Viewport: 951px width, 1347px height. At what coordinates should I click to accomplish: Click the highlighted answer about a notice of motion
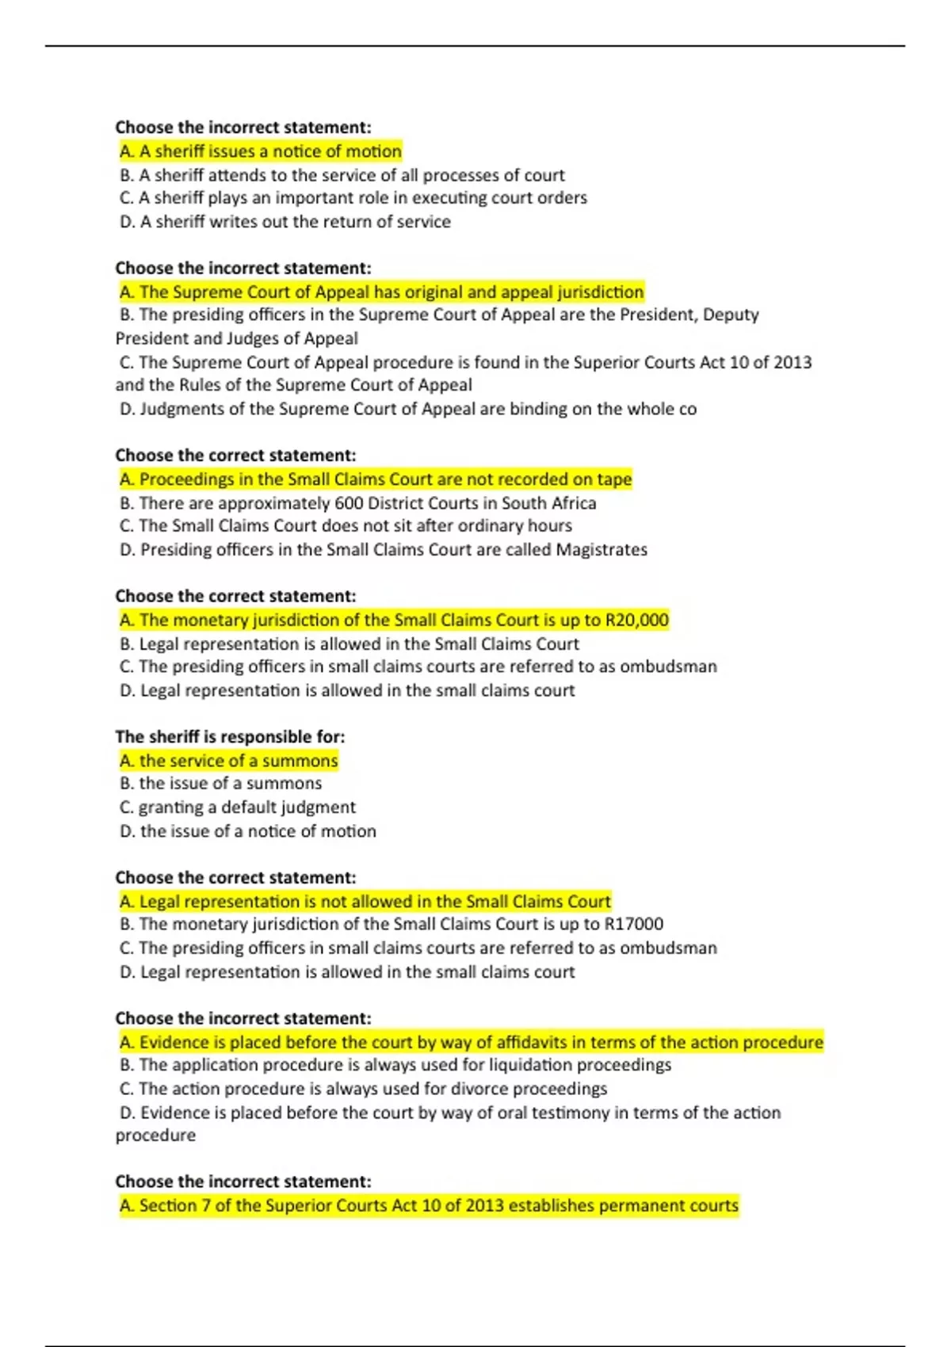tap(261, 151)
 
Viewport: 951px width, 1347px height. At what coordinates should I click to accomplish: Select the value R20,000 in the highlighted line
tap(637, 620)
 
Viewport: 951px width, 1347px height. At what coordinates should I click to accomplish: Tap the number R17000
tap(634, 924)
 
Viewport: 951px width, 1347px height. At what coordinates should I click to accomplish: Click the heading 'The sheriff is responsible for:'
tap(230, 737)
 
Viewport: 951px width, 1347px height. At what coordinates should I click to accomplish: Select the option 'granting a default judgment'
tap(238, 807)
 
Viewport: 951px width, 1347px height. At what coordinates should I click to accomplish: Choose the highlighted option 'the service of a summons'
tap(229, 761)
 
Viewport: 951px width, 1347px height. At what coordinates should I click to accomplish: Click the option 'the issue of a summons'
tap(221, 784)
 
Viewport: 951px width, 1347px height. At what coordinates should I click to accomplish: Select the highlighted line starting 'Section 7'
tap(429, 1206)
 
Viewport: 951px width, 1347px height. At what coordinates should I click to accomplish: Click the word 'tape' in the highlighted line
tap(614, 479)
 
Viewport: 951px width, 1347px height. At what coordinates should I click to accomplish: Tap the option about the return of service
tap(285, 222)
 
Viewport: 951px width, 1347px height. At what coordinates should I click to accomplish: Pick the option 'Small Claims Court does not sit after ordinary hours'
tap(346, 526)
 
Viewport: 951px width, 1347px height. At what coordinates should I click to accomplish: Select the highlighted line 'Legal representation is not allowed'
tap(365, 902)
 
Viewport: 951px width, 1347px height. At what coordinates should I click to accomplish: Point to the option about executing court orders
tap(353, 198)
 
